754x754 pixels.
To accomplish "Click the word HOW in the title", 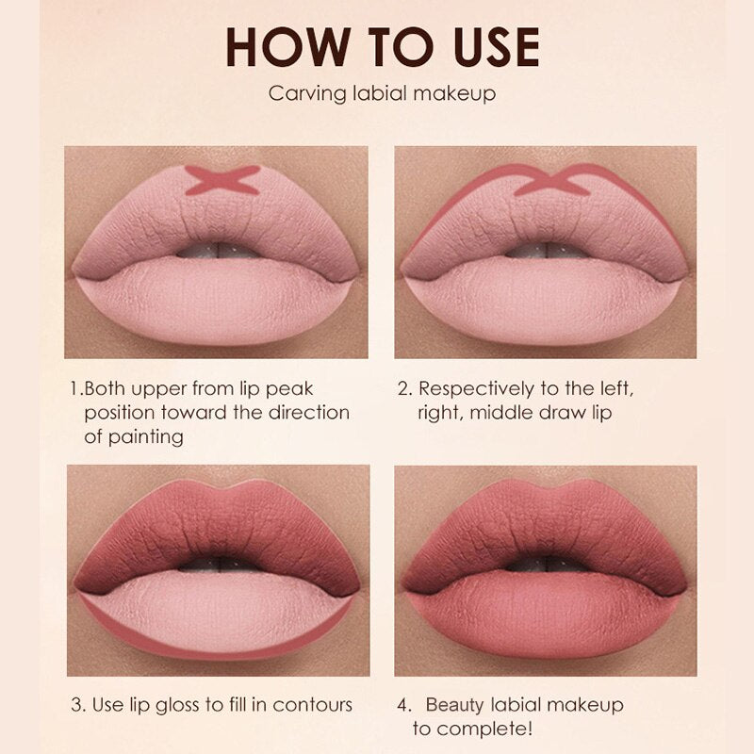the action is click(287, 46).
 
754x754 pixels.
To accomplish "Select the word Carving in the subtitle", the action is click(307, 93).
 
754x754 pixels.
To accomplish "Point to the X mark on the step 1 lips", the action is click(222, 180).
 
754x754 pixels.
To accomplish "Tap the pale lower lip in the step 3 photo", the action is click(218, 608).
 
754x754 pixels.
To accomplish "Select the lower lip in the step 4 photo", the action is click(546, 615).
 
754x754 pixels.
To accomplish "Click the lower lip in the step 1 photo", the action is click(216, 301).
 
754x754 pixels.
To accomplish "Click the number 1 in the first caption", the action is click(74, 388).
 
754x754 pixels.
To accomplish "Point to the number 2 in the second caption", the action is click(403, 388).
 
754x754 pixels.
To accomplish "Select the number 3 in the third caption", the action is click(76, 705).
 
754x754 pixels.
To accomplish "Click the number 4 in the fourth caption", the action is click(403, 705).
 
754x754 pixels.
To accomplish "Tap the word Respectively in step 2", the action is click(476, 389).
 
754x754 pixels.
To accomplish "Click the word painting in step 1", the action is click(146, 437).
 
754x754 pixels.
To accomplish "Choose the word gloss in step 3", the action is click(177, 706).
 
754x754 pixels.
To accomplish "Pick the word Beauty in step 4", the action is click(455, 706).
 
